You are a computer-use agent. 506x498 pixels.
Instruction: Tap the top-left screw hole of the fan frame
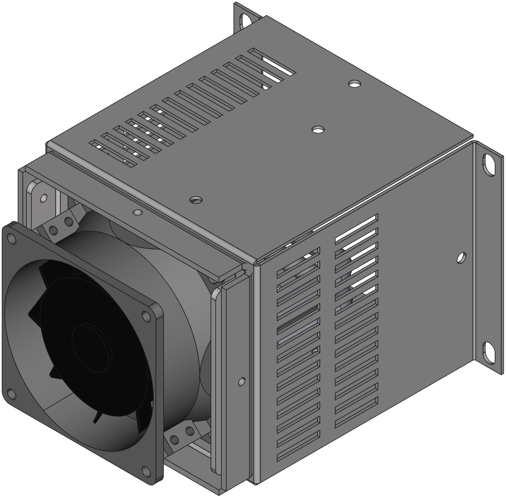pos(12,239)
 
